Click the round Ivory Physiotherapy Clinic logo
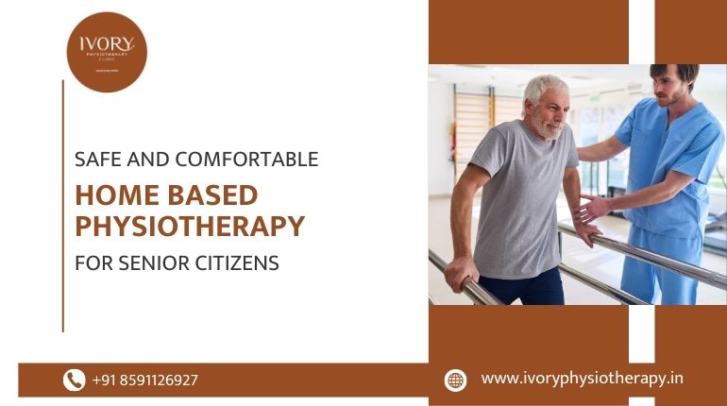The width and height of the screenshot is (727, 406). pyautogui.click(x=106, y=51)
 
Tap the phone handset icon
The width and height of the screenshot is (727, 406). pyautogui.click(x=74, y=380)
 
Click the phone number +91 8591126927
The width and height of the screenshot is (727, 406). pyautogui.click(x=145, y=381)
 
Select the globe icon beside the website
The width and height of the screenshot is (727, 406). pyautogui.click(x=456, y=380)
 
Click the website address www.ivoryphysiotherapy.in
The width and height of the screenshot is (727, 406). pyautogui.click(x=582, y=379)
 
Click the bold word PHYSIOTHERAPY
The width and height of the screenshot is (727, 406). pyautogui.click(x=189, y=227)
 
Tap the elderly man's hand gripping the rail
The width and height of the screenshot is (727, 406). pyautogui.click(x=460, y=273)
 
